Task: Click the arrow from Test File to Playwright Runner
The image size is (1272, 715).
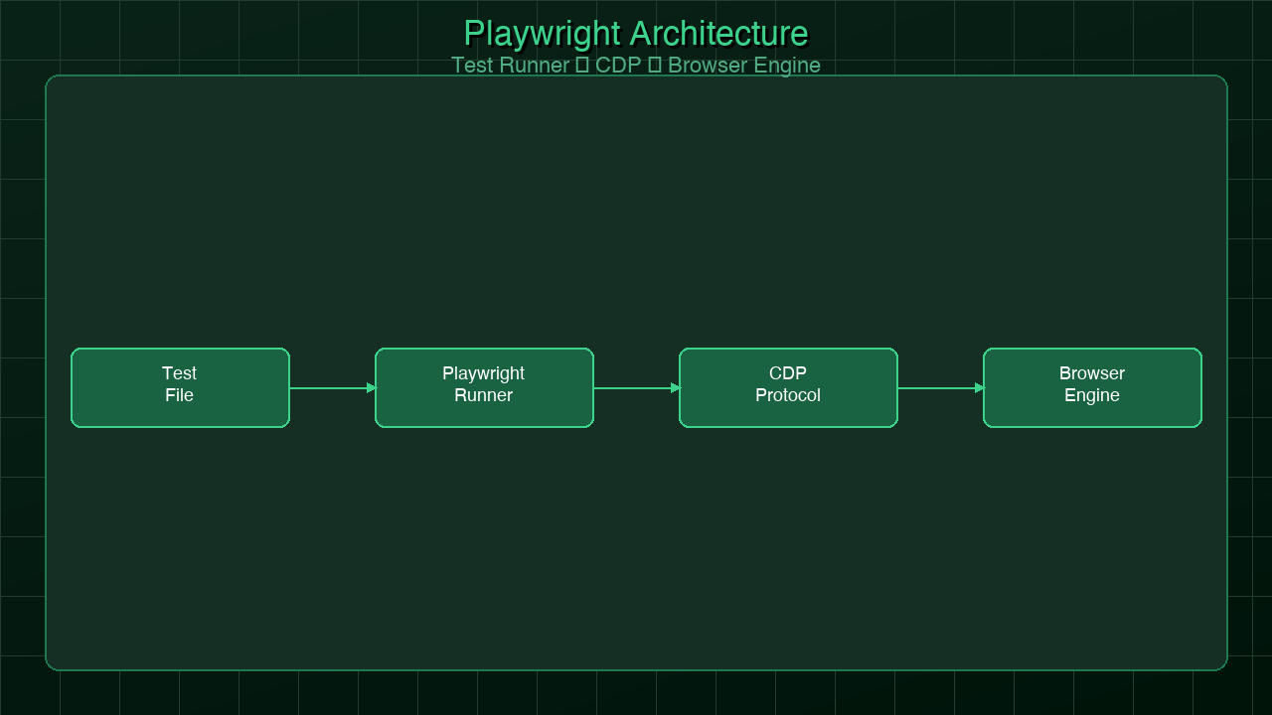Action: click(328, 388)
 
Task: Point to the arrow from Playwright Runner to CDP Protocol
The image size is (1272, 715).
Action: click(632, 388)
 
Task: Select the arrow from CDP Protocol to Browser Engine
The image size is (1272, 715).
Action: click(936, 388)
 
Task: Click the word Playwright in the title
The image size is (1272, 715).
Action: click(542, 34)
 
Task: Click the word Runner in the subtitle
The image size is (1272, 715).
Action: click(534, 66)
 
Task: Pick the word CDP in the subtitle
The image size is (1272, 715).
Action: click(618, 66)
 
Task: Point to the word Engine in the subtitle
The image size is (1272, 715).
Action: click(788, 66)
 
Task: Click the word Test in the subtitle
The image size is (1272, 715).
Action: click(472, 66)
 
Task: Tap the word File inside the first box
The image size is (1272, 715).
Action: click(180, 395)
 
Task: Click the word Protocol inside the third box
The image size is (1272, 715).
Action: click(788, 395)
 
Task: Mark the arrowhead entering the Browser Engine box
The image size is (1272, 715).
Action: click(979, 388)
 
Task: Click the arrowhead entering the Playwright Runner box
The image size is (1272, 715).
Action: click(371, 388)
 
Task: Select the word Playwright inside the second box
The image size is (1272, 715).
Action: click(484, 373)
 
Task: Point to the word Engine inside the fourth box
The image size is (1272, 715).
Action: click(1092, 395)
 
